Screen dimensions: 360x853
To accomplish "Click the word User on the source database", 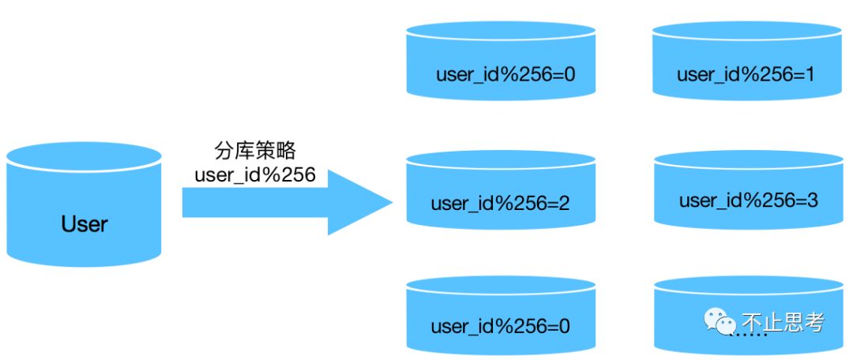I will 85,224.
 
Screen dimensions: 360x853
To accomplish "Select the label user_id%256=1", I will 746,75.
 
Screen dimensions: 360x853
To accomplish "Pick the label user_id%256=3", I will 748,201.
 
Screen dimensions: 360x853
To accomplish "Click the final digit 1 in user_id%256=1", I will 810,75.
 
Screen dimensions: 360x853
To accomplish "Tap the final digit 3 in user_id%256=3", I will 812,201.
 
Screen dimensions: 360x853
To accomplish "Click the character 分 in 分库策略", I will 224,150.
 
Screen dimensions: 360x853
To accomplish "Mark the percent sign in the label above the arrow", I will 269,174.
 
